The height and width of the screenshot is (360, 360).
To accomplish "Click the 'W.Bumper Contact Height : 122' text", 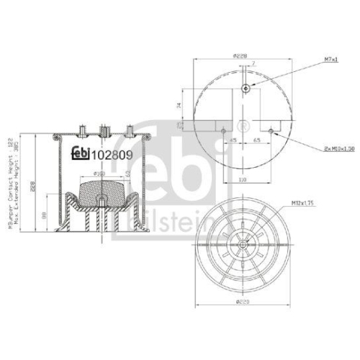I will [x=10, y=184].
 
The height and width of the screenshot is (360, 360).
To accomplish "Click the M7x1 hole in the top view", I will [x=246, y=88].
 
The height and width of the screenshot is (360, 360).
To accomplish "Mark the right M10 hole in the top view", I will [x=270, y=131].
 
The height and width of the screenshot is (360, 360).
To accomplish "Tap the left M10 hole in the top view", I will [x=224, y=131].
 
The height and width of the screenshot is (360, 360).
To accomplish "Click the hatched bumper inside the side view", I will [x=100, y=194].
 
